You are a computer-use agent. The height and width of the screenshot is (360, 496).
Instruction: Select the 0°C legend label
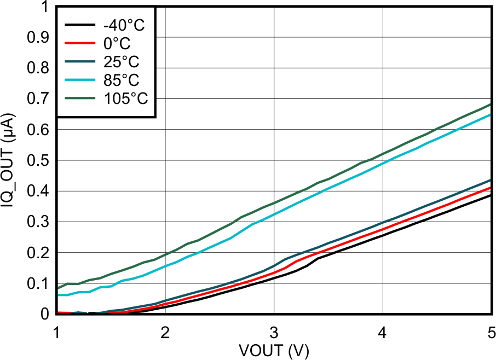point(116,43)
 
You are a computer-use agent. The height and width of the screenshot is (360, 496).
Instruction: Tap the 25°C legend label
point(119,61)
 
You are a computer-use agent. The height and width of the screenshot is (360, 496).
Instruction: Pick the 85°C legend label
point(119,80)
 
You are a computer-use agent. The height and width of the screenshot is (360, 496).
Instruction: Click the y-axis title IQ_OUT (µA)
point(8,160)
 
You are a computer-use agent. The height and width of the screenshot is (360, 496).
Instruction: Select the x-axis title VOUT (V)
point(274,350)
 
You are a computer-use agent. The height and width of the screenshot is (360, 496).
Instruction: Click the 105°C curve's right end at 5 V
point(491,104)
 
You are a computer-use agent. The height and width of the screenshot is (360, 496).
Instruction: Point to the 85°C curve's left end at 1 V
point(57,295)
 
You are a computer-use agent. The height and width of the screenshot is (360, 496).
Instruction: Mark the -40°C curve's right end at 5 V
point(491,195)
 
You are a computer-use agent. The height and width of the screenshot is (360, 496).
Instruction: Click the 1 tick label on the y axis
point(44,7)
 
